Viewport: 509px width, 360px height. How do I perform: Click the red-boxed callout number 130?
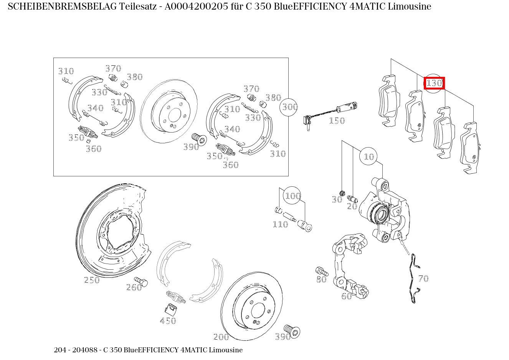434,83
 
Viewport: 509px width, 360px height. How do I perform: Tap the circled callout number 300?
290,107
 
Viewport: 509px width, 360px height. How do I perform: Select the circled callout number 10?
369,157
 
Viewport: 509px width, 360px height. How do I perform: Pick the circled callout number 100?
292,196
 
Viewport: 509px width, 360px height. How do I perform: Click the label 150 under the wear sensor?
337,121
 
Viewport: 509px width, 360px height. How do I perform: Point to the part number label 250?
92,280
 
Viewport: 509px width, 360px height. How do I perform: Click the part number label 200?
221,337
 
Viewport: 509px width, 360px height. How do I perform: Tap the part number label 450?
168,321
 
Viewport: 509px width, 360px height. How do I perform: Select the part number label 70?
423,279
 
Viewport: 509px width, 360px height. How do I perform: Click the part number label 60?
346,296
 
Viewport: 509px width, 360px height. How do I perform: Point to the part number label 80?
321,279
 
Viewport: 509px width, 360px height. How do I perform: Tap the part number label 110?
280,224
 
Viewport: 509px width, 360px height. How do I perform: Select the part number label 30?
337,200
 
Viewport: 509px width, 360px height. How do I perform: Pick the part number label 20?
352,206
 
